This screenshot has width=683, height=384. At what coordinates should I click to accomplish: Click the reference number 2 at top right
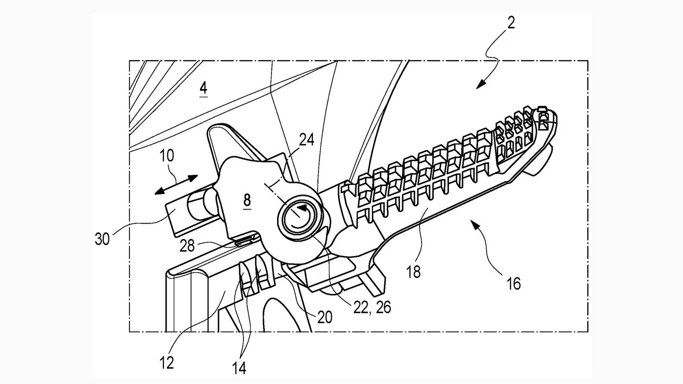511,22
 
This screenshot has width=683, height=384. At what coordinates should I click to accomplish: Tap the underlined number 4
204,88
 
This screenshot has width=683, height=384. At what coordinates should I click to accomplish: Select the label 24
306,140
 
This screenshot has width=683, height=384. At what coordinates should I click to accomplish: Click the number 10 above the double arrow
167,156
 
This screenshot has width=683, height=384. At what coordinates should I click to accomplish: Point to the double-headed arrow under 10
176,185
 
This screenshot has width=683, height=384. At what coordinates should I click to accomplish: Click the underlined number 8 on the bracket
247,200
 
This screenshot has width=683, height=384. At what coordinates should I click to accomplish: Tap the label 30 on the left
102,239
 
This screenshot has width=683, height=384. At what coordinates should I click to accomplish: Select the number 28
187,246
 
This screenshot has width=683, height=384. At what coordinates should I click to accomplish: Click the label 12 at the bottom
167,363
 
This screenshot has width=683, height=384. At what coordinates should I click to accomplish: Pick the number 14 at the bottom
239,368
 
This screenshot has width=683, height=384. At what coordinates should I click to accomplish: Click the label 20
325,317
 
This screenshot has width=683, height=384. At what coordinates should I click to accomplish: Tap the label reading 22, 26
372,307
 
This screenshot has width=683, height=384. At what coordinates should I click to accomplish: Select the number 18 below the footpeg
413,272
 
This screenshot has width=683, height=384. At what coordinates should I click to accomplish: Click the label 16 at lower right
514,283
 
